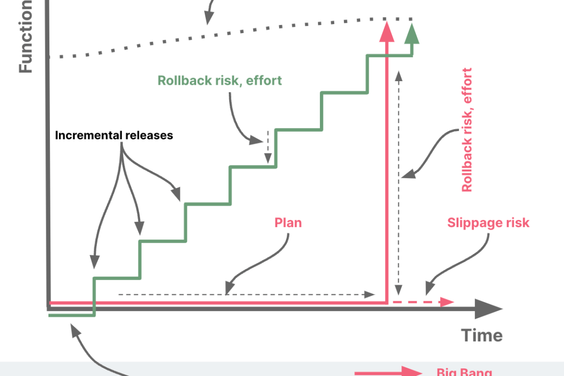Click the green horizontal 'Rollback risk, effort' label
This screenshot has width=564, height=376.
219,81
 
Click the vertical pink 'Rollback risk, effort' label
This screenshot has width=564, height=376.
467,130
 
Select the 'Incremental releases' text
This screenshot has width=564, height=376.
114,136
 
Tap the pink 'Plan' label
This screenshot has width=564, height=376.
288,223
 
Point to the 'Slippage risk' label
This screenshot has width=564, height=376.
488,223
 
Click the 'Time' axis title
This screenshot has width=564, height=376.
481,335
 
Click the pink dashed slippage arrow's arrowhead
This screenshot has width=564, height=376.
447,302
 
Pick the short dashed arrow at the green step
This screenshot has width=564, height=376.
267,147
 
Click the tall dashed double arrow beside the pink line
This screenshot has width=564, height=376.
399,184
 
